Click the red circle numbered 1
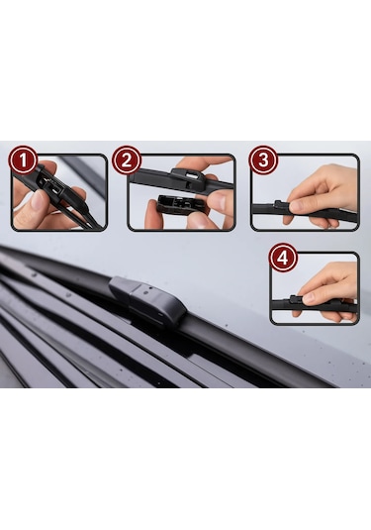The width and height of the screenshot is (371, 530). coord(23,159)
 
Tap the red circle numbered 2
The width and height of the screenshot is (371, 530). coord(127,159)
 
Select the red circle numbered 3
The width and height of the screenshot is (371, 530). coord(263,159)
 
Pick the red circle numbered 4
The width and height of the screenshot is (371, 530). coord(283,258)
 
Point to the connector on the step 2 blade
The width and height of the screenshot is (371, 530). coord(189,176)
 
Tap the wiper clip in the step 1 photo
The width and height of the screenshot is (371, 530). coord(50,184)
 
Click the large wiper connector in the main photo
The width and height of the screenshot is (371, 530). coord(147,301)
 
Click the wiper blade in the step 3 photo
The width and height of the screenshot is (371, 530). coord(304,211)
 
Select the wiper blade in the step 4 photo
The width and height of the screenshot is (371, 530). coord(314,305)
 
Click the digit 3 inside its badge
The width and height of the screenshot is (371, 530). coord(263,160)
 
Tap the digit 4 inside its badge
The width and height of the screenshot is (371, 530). coord(283,259)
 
